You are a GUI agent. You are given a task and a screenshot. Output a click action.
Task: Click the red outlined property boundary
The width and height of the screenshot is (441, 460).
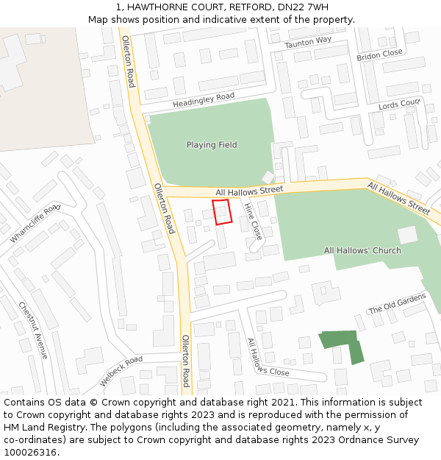coord(222,211)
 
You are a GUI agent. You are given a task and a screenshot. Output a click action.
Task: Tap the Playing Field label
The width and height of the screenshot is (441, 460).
coord(212,145)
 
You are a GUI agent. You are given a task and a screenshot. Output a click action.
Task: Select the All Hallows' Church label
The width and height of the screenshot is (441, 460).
coord(362,251)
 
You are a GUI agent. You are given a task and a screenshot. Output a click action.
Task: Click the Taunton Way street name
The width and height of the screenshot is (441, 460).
coord(308,43)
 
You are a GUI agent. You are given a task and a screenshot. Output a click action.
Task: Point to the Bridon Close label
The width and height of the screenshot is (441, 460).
coord(379,55)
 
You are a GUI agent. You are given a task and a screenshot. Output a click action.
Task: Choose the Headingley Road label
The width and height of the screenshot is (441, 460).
coord(204,100)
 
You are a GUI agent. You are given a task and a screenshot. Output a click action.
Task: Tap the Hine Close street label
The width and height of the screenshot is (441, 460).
coord(253,221)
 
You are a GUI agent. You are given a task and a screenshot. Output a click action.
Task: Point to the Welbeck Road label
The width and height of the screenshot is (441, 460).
coord(121,372)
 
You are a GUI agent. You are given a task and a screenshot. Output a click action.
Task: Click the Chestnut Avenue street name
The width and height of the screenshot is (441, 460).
coord(34,330)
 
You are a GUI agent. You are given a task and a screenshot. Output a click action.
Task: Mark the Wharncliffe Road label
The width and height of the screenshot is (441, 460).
coord(35,224)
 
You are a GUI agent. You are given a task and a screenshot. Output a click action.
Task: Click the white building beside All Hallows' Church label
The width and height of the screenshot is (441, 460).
coord(407,235)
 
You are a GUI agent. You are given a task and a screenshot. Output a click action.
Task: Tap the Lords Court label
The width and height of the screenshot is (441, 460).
coord(399,105)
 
